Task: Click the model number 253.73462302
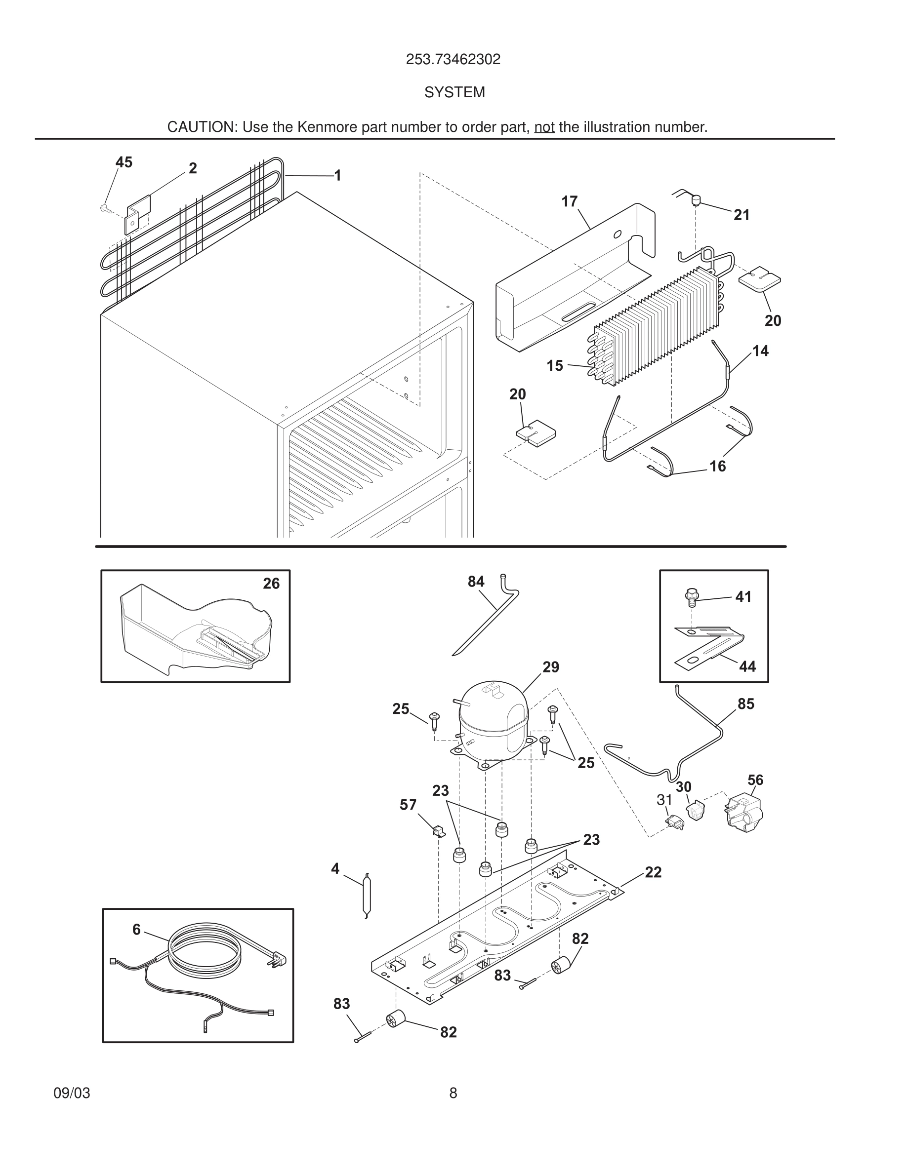click(453, 59)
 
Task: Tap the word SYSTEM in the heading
click(454, 92)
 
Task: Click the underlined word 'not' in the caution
click(544, 127)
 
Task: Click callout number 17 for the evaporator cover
click(569, 201)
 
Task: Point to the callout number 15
click(554, 366)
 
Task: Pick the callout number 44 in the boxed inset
click(747, 666)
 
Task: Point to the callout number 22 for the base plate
click(653, 872)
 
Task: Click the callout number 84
click(476, 582)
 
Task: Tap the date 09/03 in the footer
click(72, 1093)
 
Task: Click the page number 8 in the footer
click(453, 1093)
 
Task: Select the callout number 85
click(745, 704)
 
